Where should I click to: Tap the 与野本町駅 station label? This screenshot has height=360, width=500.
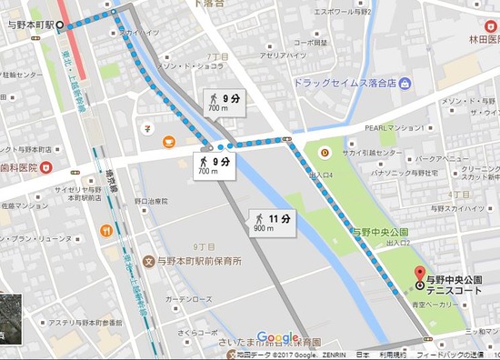(x=28, y=25)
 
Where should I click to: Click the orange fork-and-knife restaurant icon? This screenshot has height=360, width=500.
(x=106, y=230)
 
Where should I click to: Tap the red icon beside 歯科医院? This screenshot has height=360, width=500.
(x=46, y=168)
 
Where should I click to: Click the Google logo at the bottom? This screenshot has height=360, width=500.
(x=277, y=337)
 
